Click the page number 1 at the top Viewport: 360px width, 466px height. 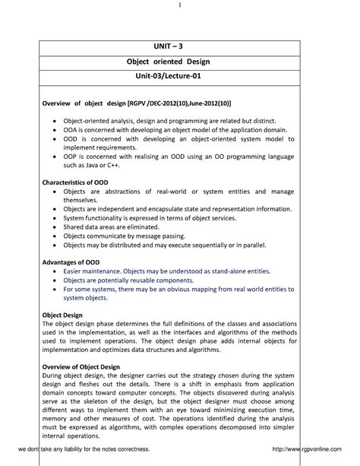180,6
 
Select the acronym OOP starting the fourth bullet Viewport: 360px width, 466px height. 71,155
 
